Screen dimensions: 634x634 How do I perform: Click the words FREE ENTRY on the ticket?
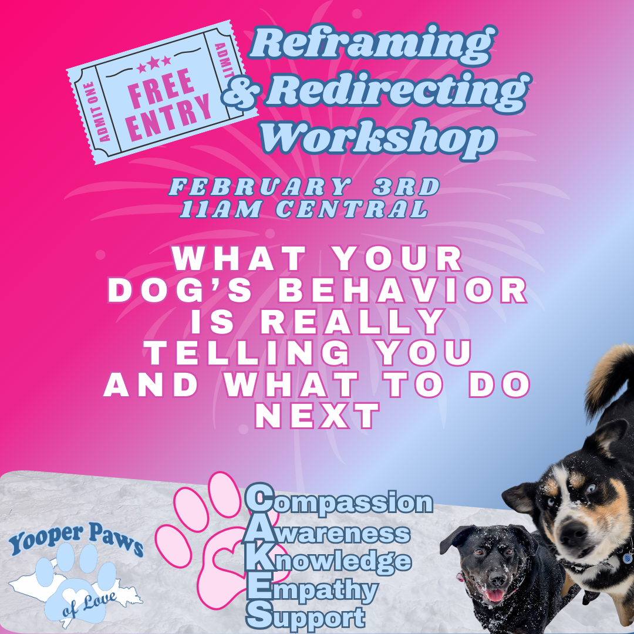coord(163,103)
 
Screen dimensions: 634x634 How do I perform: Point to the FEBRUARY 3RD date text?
coord(305,187)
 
